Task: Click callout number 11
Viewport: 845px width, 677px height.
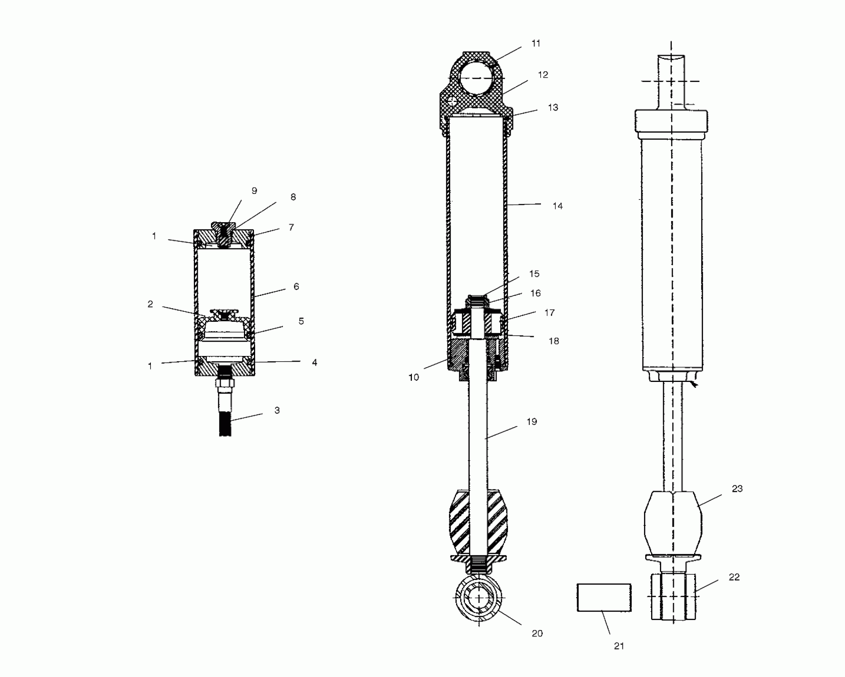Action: [536, 43]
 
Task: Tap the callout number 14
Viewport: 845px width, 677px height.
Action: [558, 206]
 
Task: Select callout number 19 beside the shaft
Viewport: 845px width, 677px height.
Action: [532, 422]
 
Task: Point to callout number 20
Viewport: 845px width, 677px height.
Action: [537, 634]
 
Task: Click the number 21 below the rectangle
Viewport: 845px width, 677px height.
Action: [619, 646]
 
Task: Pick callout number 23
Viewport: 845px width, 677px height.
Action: [737, 489]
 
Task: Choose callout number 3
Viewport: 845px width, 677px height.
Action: [277, 410]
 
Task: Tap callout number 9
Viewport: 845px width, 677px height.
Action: [254, 191]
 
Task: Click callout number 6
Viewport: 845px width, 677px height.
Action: [296, 286]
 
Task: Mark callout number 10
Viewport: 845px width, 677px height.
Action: [414, 378]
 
